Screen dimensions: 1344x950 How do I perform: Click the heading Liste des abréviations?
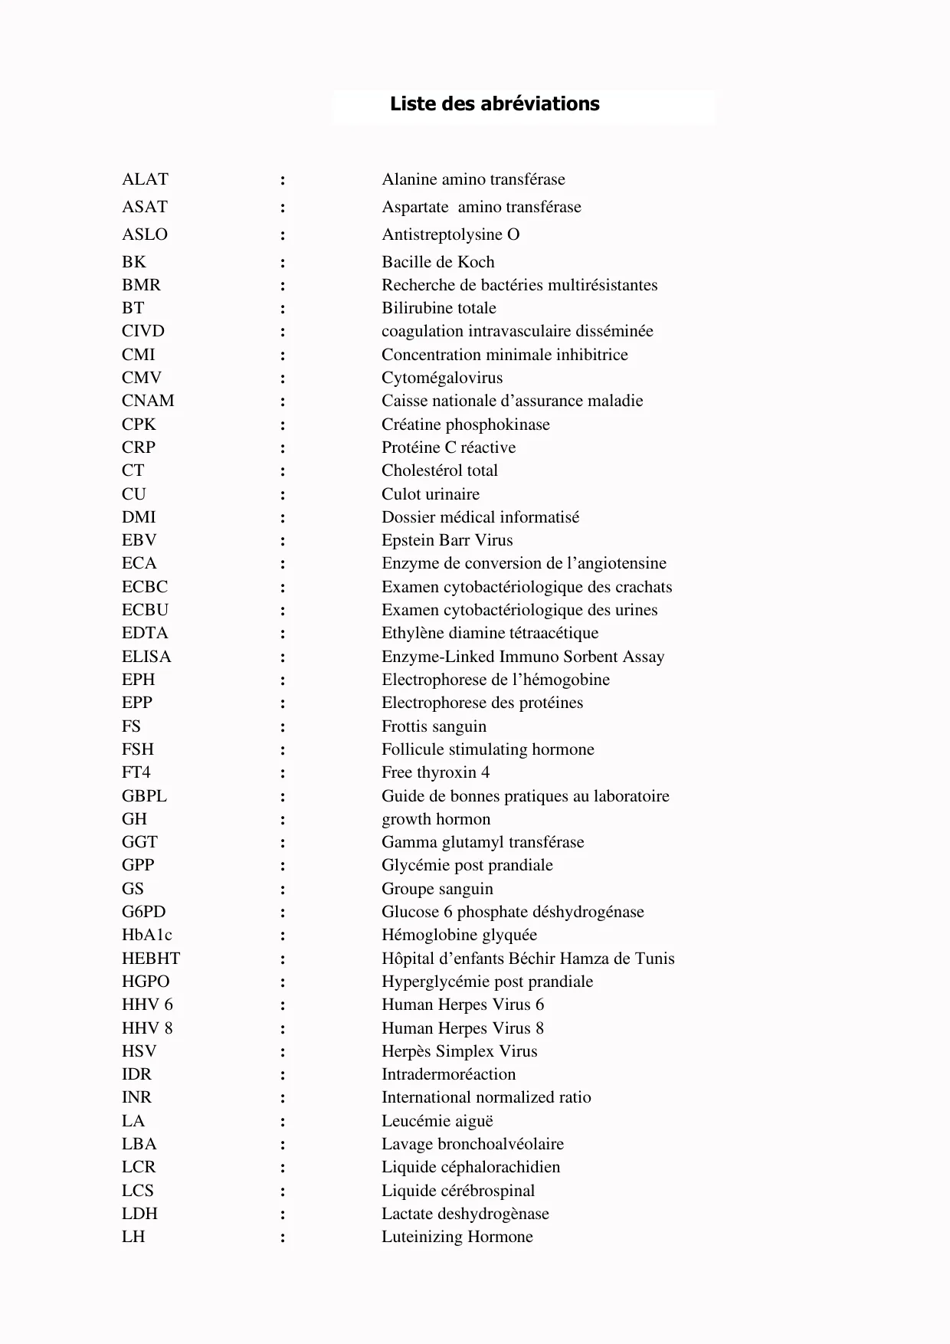click(x=494, y=104)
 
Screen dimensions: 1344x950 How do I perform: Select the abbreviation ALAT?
click(x=145, y=179)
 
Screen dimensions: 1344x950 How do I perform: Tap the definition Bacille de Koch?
click(x=437, y=262)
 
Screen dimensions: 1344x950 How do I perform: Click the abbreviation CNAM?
click(x=148, y=401)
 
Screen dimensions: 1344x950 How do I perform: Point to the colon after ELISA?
click(x=283, y=657)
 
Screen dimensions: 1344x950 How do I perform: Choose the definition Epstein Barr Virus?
click(x=447, y=540)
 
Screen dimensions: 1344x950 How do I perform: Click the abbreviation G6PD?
click(x=143, y=912)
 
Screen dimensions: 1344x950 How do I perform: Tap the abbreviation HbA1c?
click(x=146, y=935)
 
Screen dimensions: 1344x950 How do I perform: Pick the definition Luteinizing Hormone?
click(x=457, y=1237)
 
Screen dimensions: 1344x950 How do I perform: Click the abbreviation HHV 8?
click(x=147, y=1028)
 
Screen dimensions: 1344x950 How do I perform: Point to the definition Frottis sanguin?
click(x=434, y=726)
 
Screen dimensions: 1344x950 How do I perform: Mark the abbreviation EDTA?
click(x=145, y=633)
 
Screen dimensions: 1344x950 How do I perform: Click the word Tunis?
click(x=654, y=959)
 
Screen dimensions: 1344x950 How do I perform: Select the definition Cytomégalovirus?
click(x=442, y=378)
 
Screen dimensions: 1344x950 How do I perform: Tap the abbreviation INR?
click(x=136, y=1097)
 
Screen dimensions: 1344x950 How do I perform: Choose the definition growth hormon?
click(x=436, y=819)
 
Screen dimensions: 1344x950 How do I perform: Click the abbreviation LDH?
click(x=139, y=1214)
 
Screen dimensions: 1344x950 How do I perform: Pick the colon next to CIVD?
click(x=283, y=332)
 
